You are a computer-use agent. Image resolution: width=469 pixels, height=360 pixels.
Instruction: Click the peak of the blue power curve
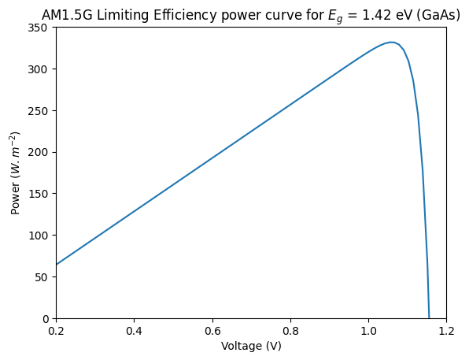pyautogui.click(x=391, y=43)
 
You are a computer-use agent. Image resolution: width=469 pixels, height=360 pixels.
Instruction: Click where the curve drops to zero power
pyautogui.click(x=429, y=318)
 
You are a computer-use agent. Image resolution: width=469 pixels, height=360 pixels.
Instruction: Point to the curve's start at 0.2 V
pyautogui.click(x=57, y=265)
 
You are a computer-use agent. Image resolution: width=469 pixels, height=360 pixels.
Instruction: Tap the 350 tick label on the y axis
pyautogui.click(x=38, y=28)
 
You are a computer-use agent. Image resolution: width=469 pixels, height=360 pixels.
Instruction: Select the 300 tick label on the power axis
pyautogui.click(x=38, y=69)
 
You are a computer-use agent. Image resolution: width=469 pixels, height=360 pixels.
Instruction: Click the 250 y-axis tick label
pyautogui.click(x=38, y=111)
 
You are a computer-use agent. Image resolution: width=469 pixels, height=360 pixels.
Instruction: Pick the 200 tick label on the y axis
pyautogui.click(x=38, y=153)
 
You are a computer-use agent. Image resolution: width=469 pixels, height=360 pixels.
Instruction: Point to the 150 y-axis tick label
pyautogui.click(x=38, y=194)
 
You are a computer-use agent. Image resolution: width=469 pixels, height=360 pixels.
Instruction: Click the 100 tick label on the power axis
pyautogui.click(x=38, y=236)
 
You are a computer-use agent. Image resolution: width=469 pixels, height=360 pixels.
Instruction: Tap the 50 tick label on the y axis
pyautogui.click(x=41, y=277)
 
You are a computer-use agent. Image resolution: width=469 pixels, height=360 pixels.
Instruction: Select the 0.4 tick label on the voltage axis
pyautogui.click(x=135, y=331)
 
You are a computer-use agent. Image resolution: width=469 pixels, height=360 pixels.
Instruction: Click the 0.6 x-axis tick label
pyautogui.click(x=212, y=331)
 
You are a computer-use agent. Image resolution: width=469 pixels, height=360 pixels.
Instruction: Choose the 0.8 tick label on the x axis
pyautogui.click(x=290, y=331)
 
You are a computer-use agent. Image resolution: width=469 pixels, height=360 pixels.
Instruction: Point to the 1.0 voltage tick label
pyautogui.click(x=368, y=331)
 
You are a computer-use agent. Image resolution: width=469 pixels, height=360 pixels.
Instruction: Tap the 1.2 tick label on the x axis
pyautogui.click(x=446, y=331)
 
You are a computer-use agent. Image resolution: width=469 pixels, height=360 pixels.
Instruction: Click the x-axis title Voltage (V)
pyautogui.click(x=251, y=347)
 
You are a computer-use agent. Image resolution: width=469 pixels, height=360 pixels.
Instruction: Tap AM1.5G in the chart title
pyautogui.click(x=68, y=15)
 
